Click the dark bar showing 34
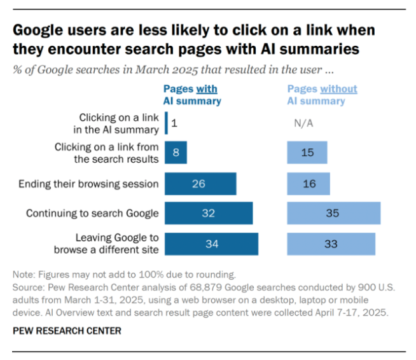click(x=211, y=244)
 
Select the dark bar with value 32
click(x=209, y=214)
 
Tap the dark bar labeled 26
click(x=200, y=184)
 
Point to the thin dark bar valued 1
click(x=166, y=123)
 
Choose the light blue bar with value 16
click(x=309, y=184)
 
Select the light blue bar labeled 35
click(x=334, y=214)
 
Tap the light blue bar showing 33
click(x=331, y=244)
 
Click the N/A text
click(x=303, y=123)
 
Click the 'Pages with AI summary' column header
click(x=192, y=95)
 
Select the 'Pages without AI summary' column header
click(x=322, y=95)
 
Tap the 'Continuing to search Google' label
click(x=92, y=214)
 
